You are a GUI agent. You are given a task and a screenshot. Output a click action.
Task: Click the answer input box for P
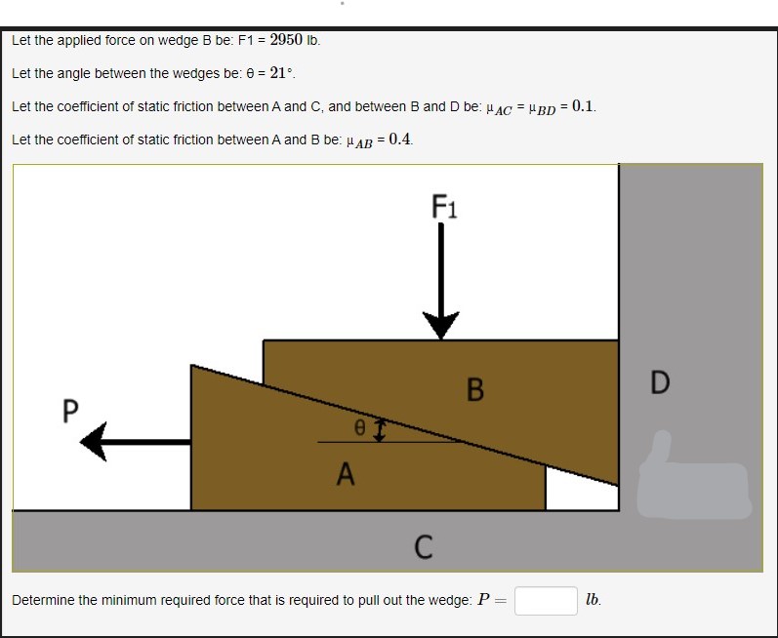(x=546, y=600)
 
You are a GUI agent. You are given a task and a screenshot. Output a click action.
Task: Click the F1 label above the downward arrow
(x=445, y=207)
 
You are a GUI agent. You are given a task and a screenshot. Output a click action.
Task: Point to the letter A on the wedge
(x=345, y=475)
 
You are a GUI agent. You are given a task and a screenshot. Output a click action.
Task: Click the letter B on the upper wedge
(x=475, y=390)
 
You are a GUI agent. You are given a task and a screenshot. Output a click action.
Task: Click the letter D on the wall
(x=660, y=381)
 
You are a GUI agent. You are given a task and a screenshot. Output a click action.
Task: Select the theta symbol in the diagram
(x=359, y=427)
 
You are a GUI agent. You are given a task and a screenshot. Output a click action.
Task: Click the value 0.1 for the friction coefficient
(x=584, y=105)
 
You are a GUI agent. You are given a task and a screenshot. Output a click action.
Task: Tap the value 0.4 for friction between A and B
(x=399, y=139)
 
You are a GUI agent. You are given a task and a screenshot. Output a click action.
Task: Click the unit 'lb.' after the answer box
(x=594, y=600)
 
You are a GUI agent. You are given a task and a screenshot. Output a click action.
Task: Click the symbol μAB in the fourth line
(x=360, y=140)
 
